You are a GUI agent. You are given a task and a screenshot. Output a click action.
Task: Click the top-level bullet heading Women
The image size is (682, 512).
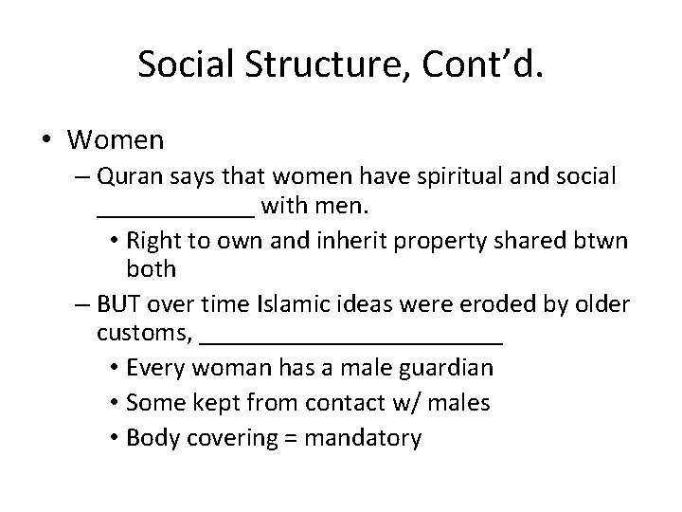point(116,140)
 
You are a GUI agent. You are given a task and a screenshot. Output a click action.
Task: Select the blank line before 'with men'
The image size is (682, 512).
point(175,212)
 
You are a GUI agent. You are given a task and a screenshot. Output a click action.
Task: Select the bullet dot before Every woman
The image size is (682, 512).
point(112,367)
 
